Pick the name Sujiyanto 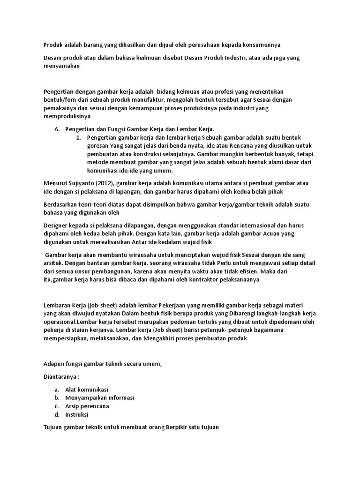(x=82, y=183)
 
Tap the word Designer (x=56, y=226)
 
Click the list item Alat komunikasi (x=87, y=390)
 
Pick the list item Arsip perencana (x=87, y=406)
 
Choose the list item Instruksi (x=77, y=414)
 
